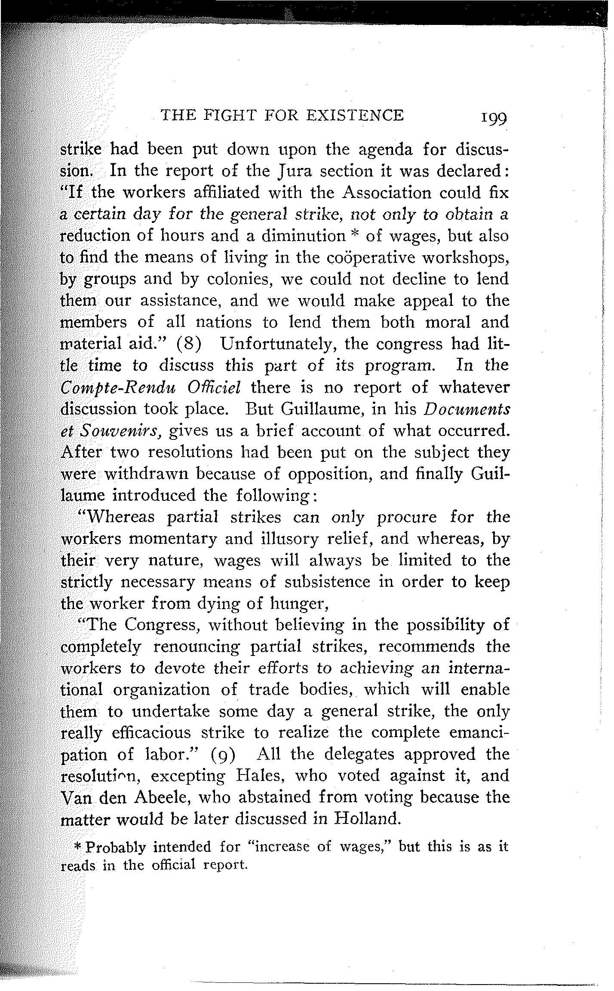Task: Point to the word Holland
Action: coord(367,819)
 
